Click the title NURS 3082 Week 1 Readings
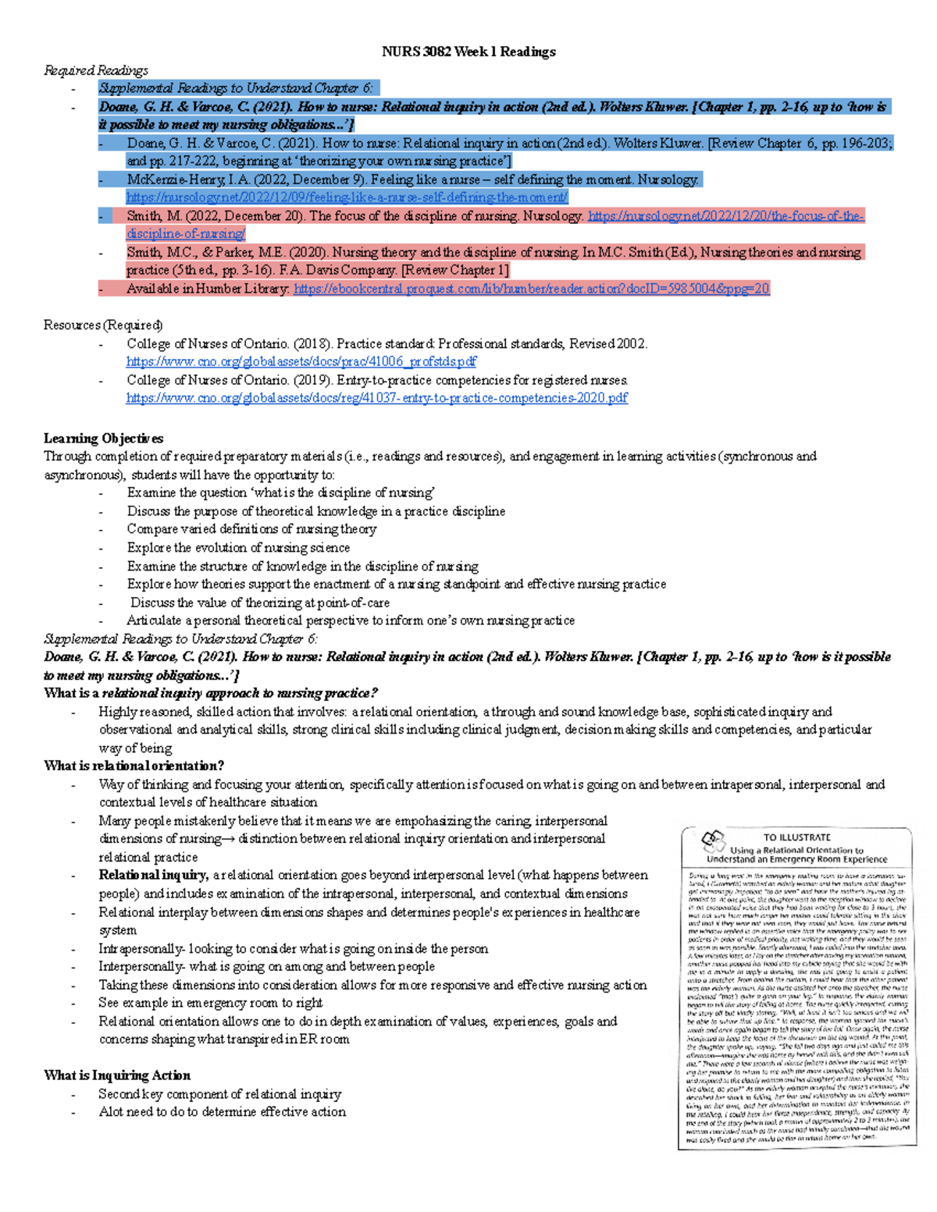[x=468, y=52]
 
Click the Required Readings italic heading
[x=95, y=70]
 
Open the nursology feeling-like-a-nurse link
[x=347, y=197]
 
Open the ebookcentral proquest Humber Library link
[x=531, y=289]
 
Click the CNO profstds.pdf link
[x=301, y=361]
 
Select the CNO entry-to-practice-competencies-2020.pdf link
[x=376, y=398]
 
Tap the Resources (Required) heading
[x=103, y=325]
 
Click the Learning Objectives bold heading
[x=103, y=438]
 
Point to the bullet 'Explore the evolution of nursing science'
[x=238, y=548]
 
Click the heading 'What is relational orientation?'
[x=134, y=766]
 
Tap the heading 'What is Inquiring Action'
[x=117, y=1075]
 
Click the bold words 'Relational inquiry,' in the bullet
[x=153, y=875]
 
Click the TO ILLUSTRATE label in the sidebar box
[x=796, y=837]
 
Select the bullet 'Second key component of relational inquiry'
[x=219, y=1094]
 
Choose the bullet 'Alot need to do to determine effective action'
[x=222, y=1112]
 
